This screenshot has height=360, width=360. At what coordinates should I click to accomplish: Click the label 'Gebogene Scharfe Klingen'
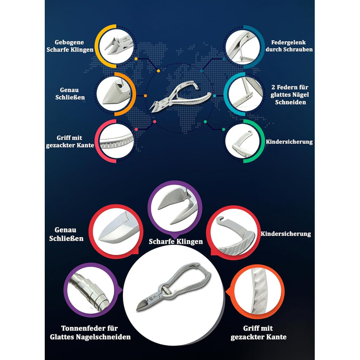coord(70,46)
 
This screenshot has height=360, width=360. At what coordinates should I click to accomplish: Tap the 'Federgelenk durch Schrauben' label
coord(289,46)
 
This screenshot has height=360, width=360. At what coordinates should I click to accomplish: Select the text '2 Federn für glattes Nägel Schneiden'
coord(290,95)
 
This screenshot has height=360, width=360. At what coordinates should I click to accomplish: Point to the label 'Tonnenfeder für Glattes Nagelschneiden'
coord(90,332)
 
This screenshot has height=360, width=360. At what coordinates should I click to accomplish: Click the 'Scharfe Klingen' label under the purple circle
coord(176,242)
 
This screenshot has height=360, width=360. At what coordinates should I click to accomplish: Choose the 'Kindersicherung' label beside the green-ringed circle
coord(289,141)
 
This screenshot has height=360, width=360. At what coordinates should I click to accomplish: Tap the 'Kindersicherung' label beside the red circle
coord(285,233)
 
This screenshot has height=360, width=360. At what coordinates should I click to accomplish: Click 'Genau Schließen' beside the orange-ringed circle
coord(70,94)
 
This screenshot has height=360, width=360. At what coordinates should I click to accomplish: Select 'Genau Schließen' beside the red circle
coord(66,234)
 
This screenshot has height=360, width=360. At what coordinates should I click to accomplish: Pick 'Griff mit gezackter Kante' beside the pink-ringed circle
coord(70,141)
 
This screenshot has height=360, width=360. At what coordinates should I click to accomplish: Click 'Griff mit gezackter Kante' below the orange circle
coord(259,332)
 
